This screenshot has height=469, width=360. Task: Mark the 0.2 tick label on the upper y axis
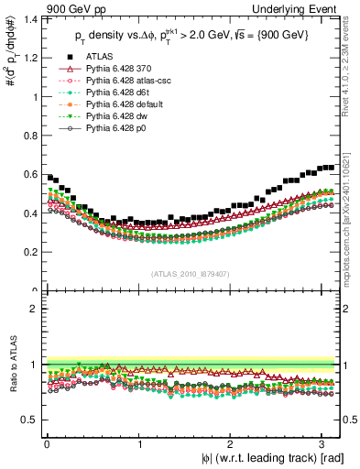click(x=30, y=252)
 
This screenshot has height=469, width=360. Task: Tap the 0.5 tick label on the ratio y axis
click(x=30, y=420)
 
